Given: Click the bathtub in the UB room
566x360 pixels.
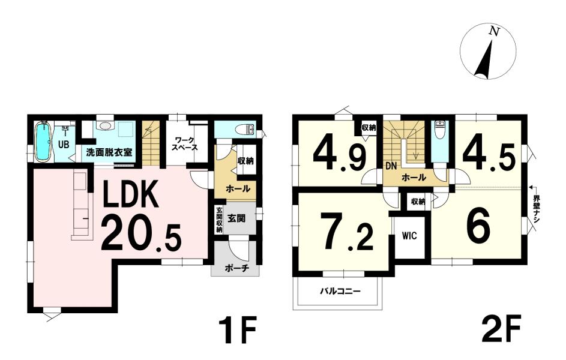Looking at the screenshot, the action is pyautogui.click(x=43, y=142).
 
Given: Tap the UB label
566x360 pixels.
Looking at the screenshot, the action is pyautogui.click(x=64, y=145).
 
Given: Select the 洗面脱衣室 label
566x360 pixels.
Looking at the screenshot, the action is pyautogui.click(x=109, y=152).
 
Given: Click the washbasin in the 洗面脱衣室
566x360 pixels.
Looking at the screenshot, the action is pyautogui.click(x=105, y=126).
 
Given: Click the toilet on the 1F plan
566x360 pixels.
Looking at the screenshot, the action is pyautogui.click(x=247, y=129).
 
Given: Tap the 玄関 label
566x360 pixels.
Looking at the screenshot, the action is pyautogui.click(x=237, y=218).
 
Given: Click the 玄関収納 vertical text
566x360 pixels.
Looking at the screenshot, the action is pyautogui.click(x=219, y=220).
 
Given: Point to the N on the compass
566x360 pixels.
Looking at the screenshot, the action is pyautogui.click(x=493, y=32).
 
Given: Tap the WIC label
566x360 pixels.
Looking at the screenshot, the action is pyautogui.click(x=409, y=236).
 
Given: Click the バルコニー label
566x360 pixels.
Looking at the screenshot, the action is pyautogui.click(x=340, y=291).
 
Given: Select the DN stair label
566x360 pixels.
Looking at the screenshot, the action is pyautogui.click(x=391, y=166).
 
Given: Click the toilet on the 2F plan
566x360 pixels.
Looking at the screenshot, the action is pyautogui.click(x=439, y=130).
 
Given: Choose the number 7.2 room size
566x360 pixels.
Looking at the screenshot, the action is pyautogui.click(x=348, y=232).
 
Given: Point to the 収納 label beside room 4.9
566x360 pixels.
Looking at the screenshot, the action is pyautogui.click(x=369, y=127).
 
